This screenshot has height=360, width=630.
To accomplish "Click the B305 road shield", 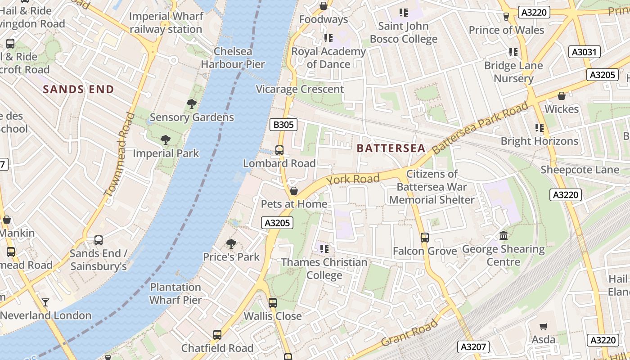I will point(283,125).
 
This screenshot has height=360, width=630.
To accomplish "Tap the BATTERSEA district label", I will point(391,148).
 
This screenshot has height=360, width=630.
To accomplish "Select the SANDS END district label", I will point(78,89).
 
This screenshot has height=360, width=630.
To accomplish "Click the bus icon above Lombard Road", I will point(279,150).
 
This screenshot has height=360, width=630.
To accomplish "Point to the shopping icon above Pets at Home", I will point(294,191).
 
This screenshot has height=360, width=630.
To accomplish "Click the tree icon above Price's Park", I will point(231,244).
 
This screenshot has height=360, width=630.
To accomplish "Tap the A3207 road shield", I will point(473,347).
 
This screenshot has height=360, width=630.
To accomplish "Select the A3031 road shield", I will point(585,52).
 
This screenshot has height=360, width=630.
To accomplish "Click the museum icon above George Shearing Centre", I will point(504,236).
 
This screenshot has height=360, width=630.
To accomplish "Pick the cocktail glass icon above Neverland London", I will point(45,302).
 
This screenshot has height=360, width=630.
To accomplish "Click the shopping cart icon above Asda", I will point(544,326).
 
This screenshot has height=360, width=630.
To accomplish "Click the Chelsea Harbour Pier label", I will point(233,58).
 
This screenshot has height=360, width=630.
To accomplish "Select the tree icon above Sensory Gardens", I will point(192,104).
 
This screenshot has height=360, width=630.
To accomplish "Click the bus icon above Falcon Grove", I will point(425,238).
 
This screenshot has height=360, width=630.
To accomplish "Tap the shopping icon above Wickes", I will point(562,96).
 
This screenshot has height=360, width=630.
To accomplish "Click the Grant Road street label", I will point(409,333).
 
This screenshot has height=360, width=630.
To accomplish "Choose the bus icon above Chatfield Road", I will point(217,335).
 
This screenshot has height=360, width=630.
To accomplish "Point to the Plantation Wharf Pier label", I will point(175,293).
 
